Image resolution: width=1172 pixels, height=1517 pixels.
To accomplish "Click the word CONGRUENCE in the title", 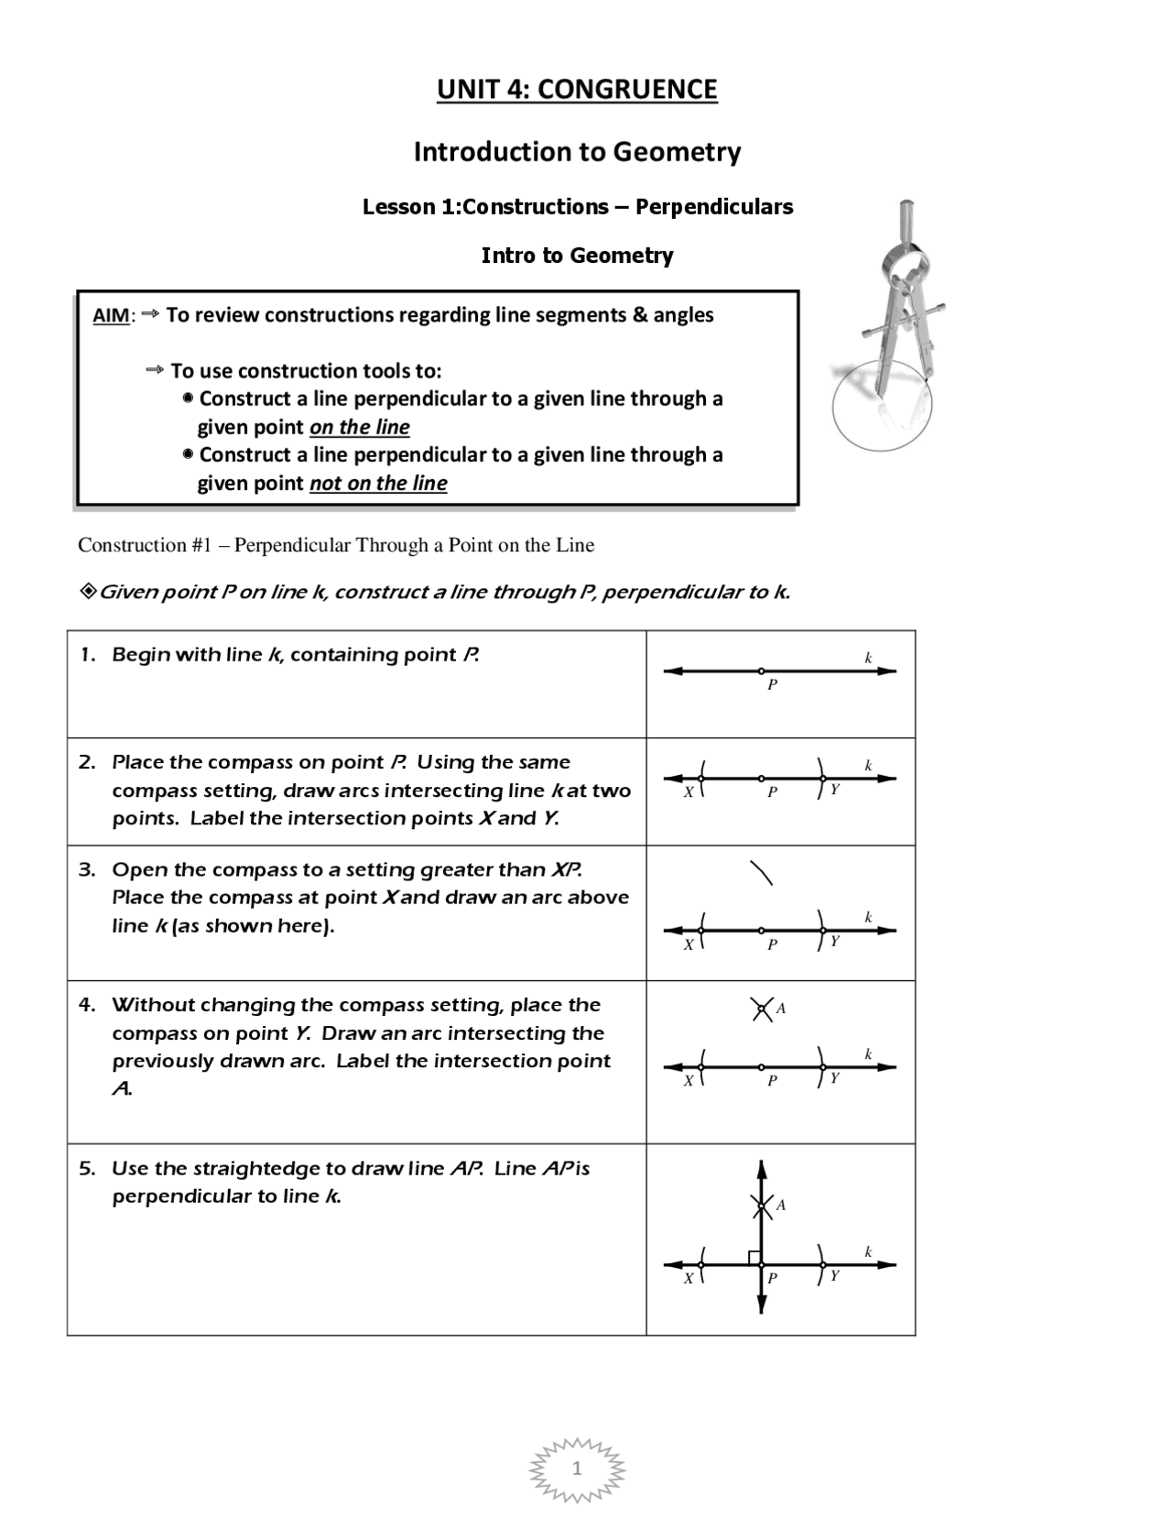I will [x=626, y=89].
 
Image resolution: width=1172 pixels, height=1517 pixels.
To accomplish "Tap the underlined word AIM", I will [x=111, y=316].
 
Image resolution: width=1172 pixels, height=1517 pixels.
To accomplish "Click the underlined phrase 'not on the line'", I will [x=378, y=484].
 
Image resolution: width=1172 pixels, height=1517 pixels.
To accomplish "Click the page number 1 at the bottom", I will [x=577, y=1469].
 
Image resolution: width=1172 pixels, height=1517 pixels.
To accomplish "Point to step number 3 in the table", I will [x=86, y=869].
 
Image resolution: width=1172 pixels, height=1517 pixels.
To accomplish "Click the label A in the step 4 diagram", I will [x=781, y=1009].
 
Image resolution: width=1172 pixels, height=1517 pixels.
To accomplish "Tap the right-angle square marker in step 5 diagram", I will [x=754, y=1258].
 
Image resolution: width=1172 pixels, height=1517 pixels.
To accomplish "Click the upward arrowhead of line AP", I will [x=761, y=1169].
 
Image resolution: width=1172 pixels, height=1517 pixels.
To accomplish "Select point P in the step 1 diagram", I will [x=761, y=671].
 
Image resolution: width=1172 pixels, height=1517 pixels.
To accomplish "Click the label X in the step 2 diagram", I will [x=689, y=792].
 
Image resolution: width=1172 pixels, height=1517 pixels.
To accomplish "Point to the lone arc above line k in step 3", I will [x=762, y=873].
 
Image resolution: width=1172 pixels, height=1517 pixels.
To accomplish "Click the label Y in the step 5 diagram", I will [x=835, y=1275].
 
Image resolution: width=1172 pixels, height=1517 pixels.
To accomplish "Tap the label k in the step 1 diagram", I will [x=868, y=658].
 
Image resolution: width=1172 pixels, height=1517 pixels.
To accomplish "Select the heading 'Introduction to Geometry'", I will [x=577, y=151].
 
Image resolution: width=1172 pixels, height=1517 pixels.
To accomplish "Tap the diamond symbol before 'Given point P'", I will [x=88, y=592].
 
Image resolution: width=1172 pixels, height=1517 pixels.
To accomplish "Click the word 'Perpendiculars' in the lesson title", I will [x=714, y=207].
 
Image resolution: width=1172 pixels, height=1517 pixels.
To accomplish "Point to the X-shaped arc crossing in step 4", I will [x=761, y=1010].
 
